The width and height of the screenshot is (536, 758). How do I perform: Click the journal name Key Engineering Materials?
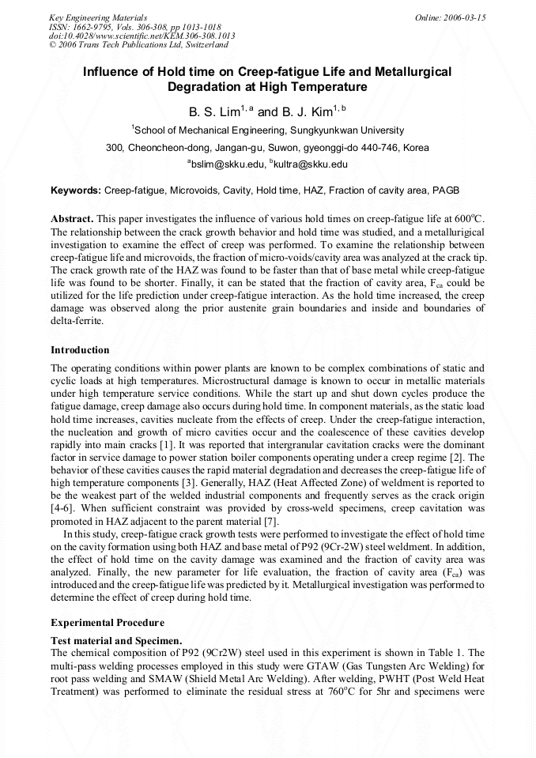point(97,17)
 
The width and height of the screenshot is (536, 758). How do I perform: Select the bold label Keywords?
point(76,190)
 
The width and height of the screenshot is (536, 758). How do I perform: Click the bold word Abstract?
point(72,217)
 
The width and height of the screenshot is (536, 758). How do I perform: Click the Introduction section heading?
point(80,349)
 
